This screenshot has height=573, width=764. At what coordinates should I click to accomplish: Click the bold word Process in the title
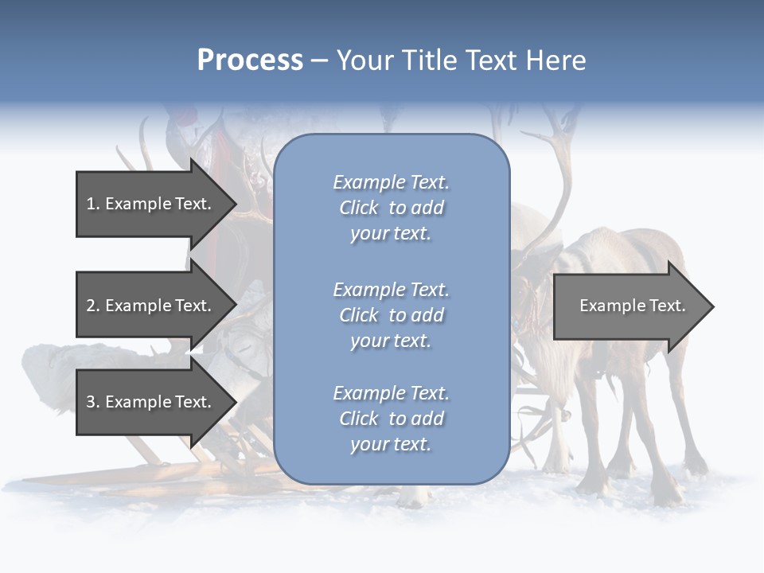[x=250, y=60]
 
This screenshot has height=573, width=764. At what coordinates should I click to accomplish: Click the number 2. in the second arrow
[x=92, y=306]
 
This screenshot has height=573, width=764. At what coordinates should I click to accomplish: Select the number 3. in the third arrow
[x=92, y=402]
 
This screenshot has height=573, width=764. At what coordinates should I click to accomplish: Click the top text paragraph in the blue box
[x=391, y=208]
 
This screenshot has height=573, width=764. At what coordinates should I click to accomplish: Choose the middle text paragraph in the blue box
[x=391, y=315]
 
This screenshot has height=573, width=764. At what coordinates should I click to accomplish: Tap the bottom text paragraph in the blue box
[x=391, y=419]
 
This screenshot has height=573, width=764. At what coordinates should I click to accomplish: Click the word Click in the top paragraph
[x=359, y=208]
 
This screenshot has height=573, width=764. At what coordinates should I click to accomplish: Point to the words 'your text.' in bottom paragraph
[x=391, y=444]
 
